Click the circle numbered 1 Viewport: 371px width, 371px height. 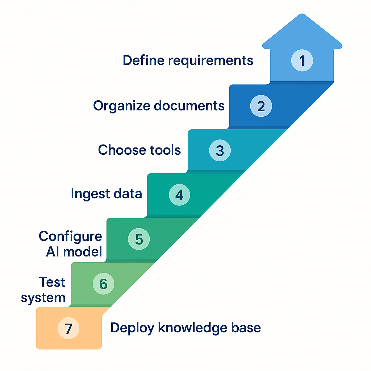coord(302,61)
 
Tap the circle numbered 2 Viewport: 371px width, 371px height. coord(261,106)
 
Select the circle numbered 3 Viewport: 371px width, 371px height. coord(220,150)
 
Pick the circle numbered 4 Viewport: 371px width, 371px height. coord(179,195)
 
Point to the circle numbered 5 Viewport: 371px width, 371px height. coord(139,239)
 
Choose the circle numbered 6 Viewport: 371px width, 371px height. coord(103,284)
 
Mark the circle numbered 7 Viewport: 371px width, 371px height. coord(68,328)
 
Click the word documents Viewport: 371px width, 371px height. coord(189,106)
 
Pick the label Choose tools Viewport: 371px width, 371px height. coord(139,150)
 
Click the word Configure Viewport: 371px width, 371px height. coord(70,237)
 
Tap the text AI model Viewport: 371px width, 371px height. coord(74,252)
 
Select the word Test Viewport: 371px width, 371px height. coord(52,282)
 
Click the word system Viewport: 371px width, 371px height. coord(43,298)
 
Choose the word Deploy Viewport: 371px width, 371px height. coord(130,328)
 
